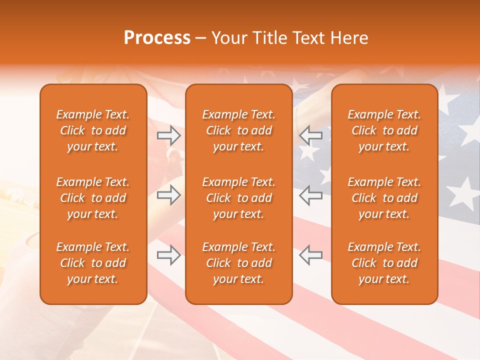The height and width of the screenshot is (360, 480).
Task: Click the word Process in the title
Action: tap(157, 38)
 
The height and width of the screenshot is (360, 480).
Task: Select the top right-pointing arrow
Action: tap(168, 135)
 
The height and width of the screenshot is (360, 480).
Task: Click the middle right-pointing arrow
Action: tap(168, 195)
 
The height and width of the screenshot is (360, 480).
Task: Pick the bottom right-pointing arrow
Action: tap(168, 255)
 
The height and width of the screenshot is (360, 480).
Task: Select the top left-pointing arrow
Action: tap(310, 135)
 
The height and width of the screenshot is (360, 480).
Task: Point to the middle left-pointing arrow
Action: tap(310, 195)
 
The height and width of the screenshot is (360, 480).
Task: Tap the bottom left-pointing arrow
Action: tap(310, 255)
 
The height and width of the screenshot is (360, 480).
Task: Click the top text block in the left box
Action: tap(93, 130)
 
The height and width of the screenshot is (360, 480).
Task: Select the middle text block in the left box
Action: tap(93, 198)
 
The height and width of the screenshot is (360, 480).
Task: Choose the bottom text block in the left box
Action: tap(93, 263)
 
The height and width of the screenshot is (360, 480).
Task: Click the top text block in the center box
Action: tap(238, 130)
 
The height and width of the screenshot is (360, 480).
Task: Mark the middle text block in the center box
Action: tap(238, 198)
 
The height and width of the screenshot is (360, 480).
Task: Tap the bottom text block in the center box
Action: tap(238, 263)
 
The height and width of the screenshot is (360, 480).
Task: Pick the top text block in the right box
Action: tap(384, 130)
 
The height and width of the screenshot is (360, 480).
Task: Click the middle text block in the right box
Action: tap(384, 198)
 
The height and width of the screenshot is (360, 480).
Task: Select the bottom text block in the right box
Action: tap(384, 263)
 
